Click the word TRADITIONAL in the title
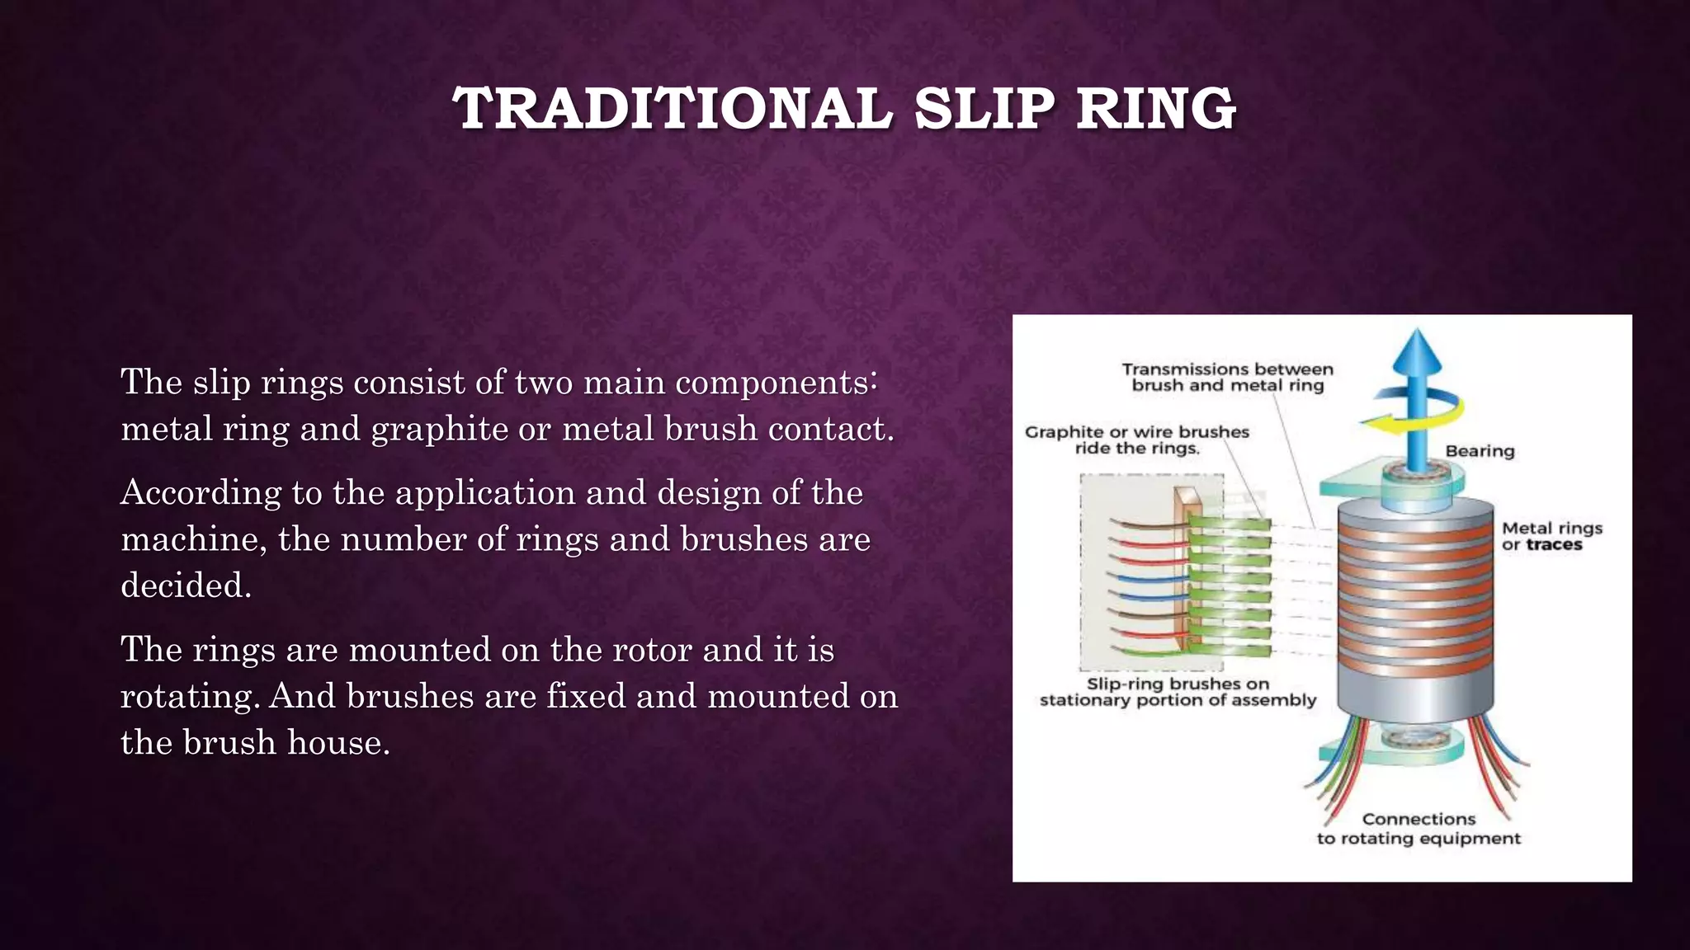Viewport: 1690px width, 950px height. [673, 110]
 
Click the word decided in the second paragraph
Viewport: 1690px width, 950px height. [185, 586]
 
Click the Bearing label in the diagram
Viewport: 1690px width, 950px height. [1480, 451]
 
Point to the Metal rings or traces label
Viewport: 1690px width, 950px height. [1551, 536]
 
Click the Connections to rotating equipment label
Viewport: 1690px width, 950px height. [1419, 829]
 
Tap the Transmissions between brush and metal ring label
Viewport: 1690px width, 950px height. [1227, 377]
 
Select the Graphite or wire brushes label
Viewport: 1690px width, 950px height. [1136, 440]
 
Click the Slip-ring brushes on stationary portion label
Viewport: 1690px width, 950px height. [1178, 692]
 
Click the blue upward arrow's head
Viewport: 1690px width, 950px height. [1417, 350]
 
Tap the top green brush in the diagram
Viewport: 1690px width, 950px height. [1230, 524]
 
